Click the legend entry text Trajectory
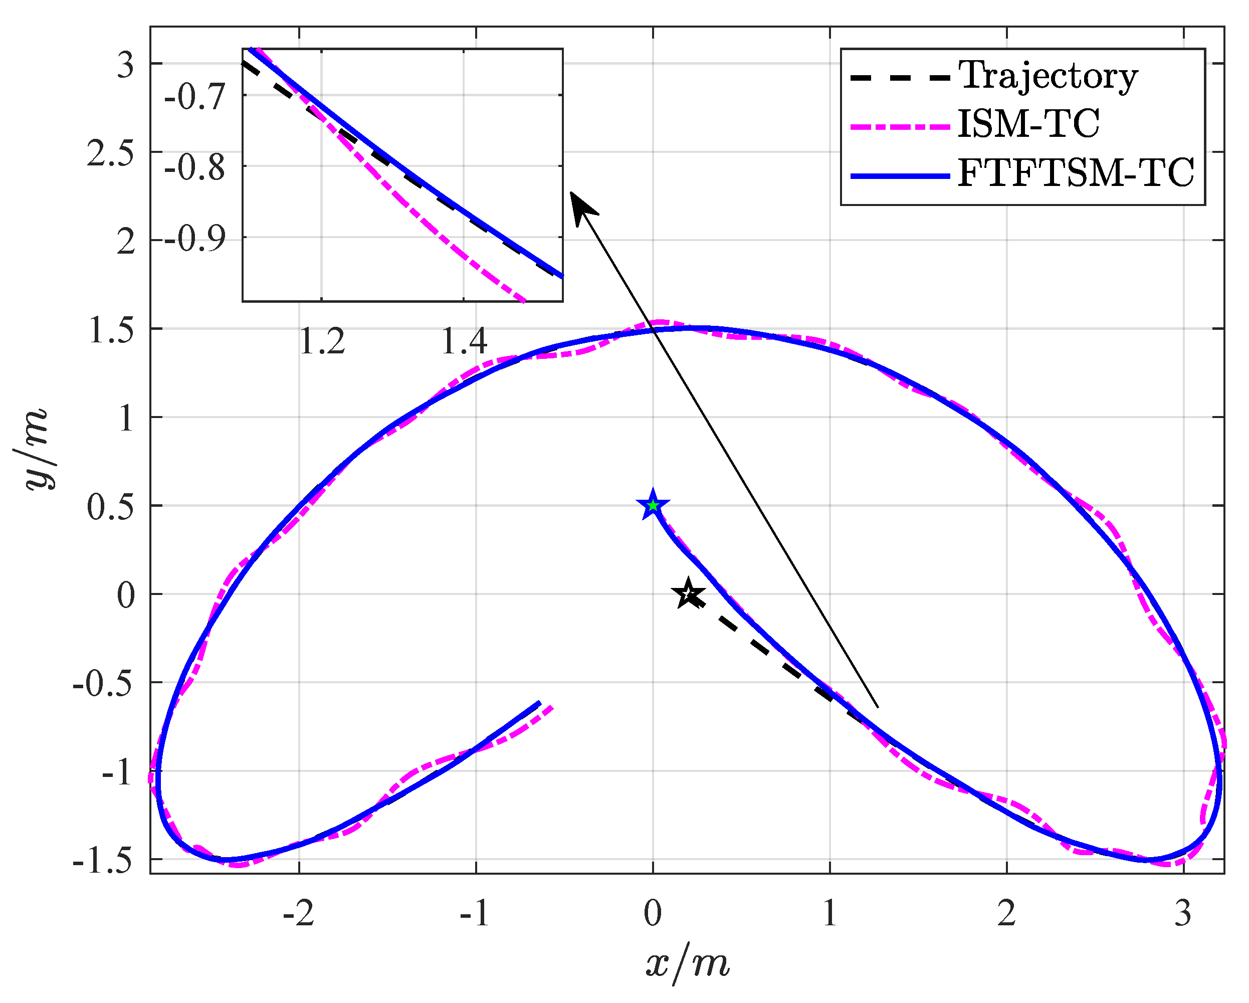[x=1048, y=76]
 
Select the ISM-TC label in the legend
[x=1028, y=124]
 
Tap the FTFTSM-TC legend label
[x=1076, y=172]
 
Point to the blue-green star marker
[x=654, y=506]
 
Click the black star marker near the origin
[x=688, y=594]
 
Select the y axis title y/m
[x=36, y=450]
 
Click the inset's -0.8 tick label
[x=194, y=168]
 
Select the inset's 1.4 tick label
[x=464, y=341]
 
